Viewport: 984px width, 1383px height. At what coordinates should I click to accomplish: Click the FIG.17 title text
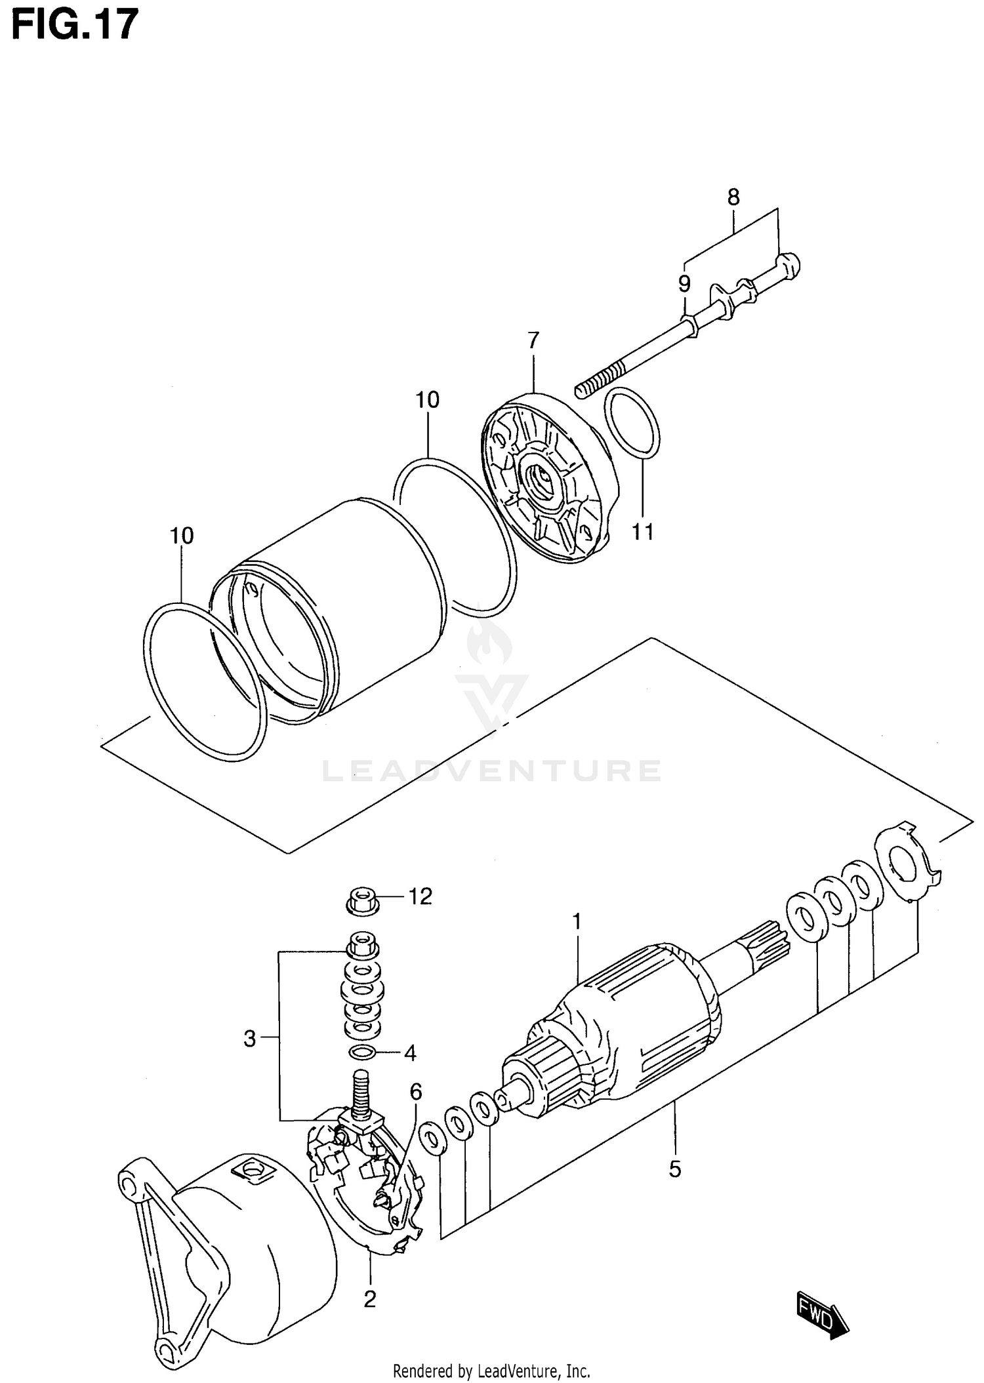75,25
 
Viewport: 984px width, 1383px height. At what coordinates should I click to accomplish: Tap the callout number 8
733,197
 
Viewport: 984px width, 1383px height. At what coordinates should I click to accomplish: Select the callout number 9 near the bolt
684,284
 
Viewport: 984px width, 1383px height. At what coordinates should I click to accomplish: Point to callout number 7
533,340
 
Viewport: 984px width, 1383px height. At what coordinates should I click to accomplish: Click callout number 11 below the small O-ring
643,532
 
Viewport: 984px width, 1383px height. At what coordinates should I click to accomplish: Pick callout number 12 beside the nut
420,896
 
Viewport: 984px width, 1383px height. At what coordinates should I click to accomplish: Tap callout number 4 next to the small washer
409,1053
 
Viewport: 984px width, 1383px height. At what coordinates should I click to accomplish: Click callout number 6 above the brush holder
416,1092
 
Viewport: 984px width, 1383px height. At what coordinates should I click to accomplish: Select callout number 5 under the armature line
675,1169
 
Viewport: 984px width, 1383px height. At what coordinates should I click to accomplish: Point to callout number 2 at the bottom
369,1299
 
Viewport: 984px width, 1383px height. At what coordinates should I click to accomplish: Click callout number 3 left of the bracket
249,1039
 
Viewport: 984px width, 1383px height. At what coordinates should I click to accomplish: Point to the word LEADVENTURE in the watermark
491,771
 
